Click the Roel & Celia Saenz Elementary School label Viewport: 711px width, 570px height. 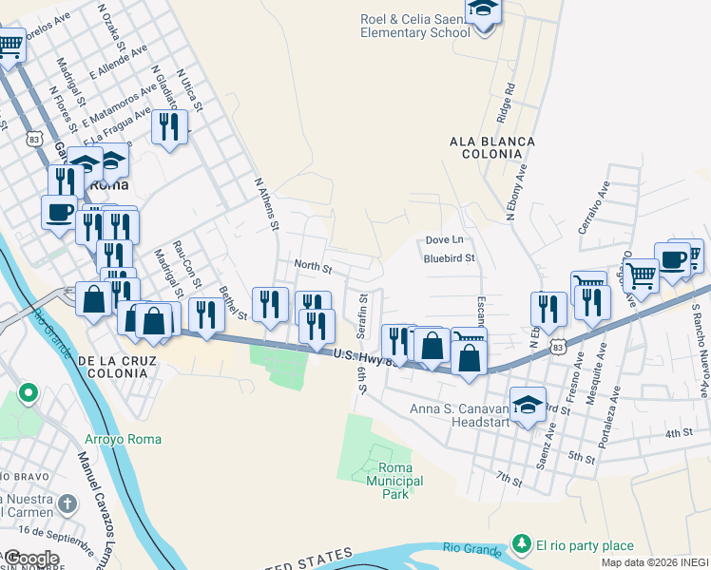(x=415, y=26)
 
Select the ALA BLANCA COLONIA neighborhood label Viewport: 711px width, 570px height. (x=491, y=148)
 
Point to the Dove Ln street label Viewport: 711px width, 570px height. (x=444, y=239)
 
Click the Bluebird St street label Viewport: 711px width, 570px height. (x=449, y=257)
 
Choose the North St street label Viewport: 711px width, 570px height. (x=312, y=267)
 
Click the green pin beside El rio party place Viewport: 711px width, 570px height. (x=521, y=544)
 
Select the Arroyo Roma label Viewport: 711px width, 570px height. (x=123, y=439)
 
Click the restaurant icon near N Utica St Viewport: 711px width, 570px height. (x=169, y=127)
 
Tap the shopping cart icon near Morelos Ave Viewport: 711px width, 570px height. (x=10, y=45)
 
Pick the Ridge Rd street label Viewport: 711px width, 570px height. (x=504, y=103)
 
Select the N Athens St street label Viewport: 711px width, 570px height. (x=265, y=203)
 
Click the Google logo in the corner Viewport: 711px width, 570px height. (x=31, y=559)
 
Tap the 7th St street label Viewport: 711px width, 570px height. (x=509, y=477)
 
